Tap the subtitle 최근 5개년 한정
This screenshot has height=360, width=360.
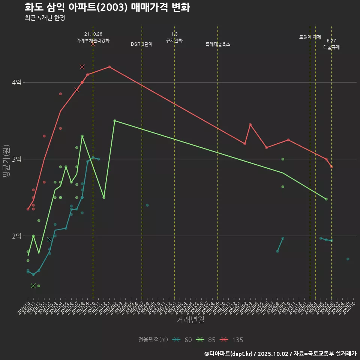(x=45, y=18)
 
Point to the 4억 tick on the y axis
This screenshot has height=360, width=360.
(x=16, y=82)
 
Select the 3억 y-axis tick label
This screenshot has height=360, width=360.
(x=16, y=159)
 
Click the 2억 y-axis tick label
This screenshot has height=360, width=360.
(x=16, y=236)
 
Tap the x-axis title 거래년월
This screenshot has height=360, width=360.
(x=190, y=319)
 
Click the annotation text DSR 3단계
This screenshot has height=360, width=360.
(x=142, y=44)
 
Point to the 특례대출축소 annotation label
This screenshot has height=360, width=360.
(x=218, y=44)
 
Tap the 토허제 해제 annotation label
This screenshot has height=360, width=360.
(x=310, y=37)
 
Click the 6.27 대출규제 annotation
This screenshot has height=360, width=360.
(x=331, y=44)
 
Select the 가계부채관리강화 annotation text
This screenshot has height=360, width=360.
(x=93, y=40)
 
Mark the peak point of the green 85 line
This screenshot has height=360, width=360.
(x=115, y=121)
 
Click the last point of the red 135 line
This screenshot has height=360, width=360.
(x=331, y=166)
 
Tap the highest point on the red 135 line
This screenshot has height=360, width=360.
(x=109, y=67)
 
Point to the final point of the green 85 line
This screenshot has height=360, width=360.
(x=326, y=199)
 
